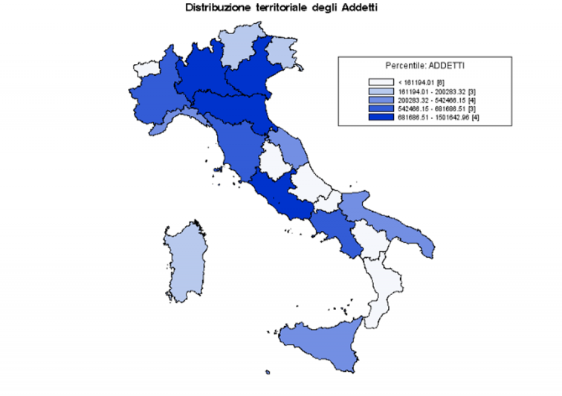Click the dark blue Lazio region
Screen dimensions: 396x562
tap(282, 195)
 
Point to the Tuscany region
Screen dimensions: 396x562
tap(236, 145)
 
